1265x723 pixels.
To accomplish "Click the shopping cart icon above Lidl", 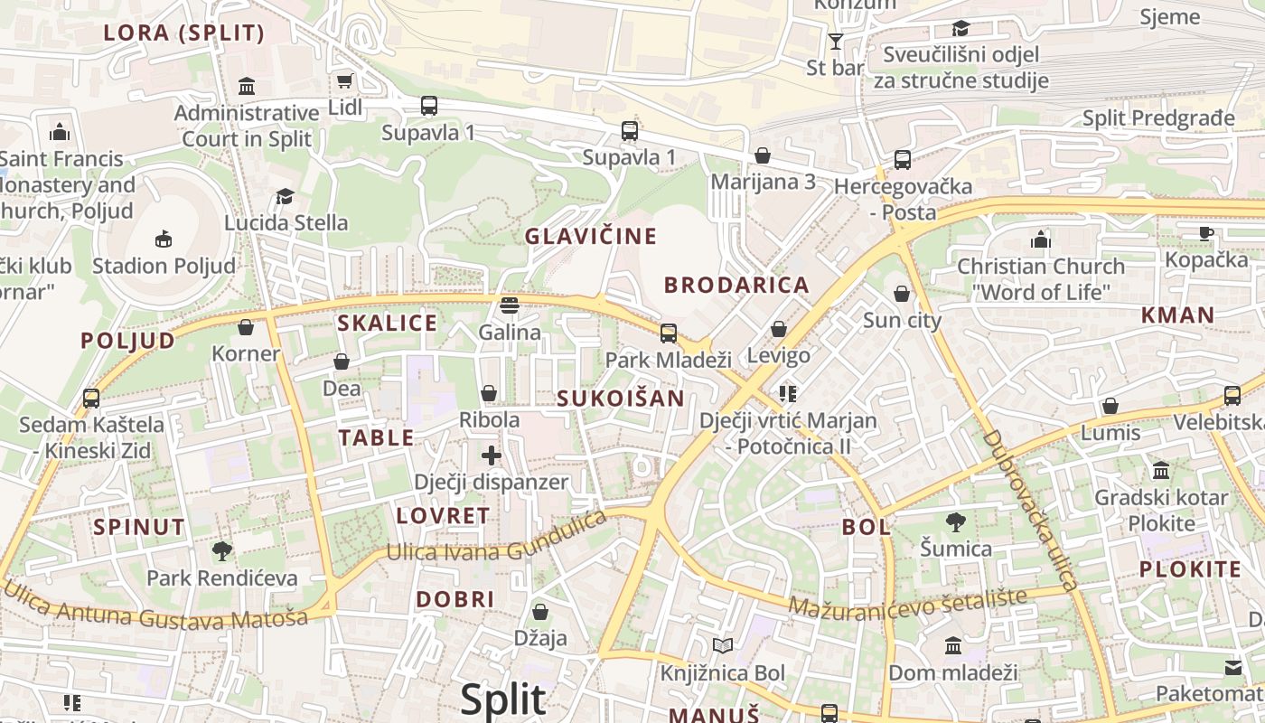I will pos(344,81).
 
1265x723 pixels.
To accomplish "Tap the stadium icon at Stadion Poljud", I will pos(164,239).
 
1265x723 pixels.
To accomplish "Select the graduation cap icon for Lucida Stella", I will pos(286,196).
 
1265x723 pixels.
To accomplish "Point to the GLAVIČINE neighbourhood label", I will pos(591,237).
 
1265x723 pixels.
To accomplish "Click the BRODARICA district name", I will pos(736,286).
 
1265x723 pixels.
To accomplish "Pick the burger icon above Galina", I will pos(510,305).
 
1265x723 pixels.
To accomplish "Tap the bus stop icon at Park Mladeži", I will pos(669,333).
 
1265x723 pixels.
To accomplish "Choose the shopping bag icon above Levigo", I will pos(779,329).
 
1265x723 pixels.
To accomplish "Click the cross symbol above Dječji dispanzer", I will pos(492,455).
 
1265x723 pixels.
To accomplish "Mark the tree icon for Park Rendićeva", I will pos(222,550).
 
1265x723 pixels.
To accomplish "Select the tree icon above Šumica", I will pos(955,521).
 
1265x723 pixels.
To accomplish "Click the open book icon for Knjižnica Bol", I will pos(722,646).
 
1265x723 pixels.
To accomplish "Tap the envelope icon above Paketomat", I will pos(1233,668).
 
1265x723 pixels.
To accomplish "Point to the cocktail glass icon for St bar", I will pos(836,41).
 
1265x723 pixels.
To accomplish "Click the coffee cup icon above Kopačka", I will pos(1206,233).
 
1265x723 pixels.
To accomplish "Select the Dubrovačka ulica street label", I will pos(1030,511).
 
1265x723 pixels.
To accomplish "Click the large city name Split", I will pos(503,700).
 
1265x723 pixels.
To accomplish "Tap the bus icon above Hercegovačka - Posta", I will pos(902,159).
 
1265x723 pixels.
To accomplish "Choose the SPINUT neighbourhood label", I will pos(139,527).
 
